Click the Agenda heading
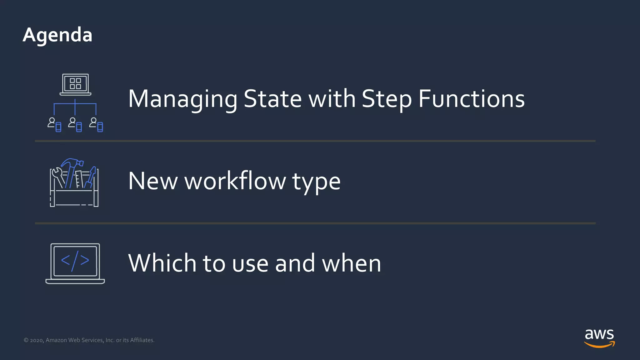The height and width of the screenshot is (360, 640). [x=57, y=35]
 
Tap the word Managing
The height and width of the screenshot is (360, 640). [x=183, y=99]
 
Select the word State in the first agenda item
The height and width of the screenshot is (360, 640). [x=272, y=99]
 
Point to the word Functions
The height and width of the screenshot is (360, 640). [x=471, y=99]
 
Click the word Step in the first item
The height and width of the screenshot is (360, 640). [x=387, y=99]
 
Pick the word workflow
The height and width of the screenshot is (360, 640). [x=235, y=181]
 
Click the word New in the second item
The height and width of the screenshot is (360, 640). [x=153, y=181]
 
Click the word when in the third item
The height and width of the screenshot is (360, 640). [x=351, y=263]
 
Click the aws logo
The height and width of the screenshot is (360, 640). [x=599, y=338]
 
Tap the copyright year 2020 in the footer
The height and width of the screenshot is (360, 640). [x=37, y=340]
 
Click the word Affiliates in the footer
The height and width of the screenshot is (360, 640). [x=142, y=340]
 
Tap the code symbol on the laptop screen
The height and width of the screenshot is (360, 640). [x=75, y=260]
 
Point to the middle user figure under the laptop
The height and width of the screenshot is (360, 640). [x=73, y=122]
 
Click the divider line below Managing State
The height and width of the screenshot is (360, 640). [x=315, y=141]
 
